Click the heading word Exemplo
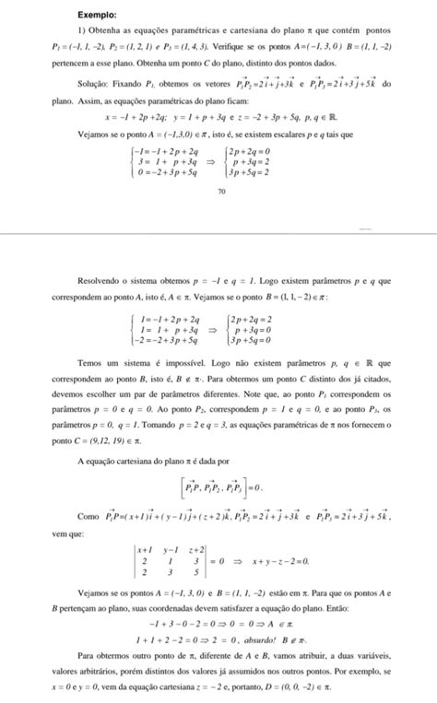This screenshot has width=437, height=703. pos(97,16)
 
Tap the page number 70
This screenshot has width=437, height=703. pos(221,191)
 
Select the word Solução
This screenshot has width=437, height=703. pos(98,83)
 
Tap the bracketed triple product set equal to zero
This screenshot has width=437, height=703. pos(218,486)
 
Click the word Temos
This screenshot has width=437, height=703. pos(92,363)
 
